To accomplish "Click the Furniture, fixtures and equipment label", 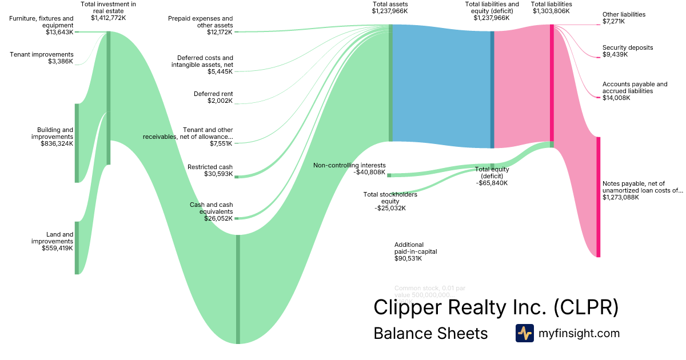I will pos(41,22).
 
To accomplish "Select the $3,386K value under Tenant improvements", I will pos(61,62).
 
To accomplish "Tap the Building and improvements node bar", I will pos(77,143).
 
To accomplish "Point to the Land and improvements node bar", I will pos(77,247).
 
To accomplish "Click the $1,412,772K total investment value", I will pos(109,18).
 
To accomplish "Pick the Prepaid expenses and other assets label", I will pos(200,22).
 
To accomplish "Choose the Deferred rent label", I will pos(213,94).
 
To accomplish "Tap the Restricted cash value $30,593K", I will pos(218,174).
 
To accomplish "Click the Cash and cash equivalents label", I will pos(211,208).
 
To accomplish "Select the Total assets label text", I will pos(390,4).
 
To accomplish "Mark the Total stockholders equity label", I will pos(390,198).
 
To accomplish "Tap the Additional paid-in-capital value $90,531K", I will pos(408,258).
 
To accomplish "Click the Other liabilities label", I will pos(624,14).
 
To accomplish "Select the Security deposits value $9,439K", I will pos(615,55).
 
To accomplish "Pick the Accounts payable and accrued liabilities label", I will pos(635,87).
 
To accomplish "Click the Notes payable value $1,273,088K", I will pos(621,197).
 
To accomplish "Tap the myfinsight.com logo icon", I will pos(524,333).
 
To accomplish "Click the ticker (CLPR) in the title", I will pos(585,307).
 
